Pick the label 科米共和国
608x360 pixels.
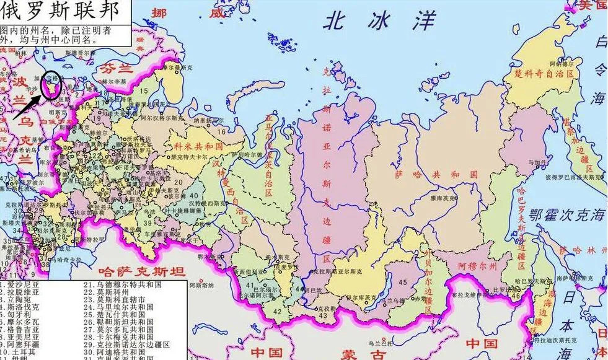(198, 146)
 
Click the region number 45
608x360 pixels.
(403, 283)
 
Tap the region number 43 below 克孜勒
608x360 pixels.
(323, 316)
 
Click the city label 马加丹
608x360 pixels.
(536, 162)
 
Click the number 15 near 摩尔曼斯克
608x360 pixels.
(144, 92)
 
